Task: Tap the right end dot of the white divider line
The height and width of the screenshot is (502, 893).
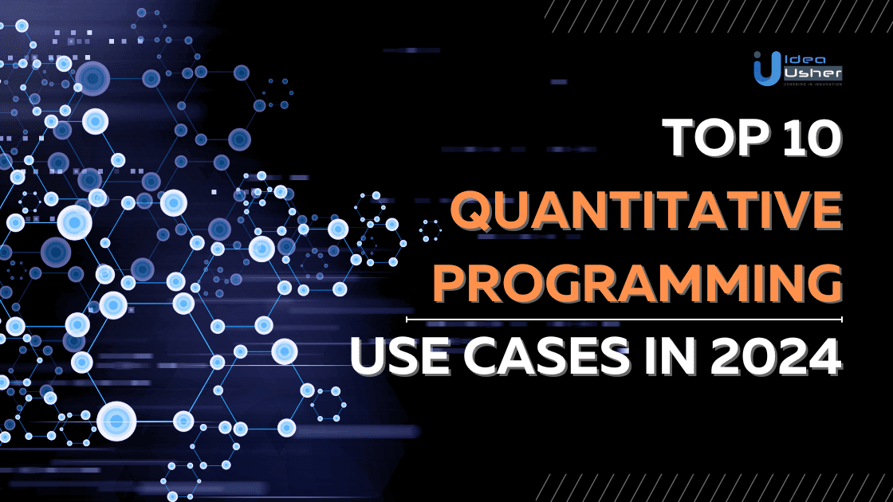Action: (x=841, y=319)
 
